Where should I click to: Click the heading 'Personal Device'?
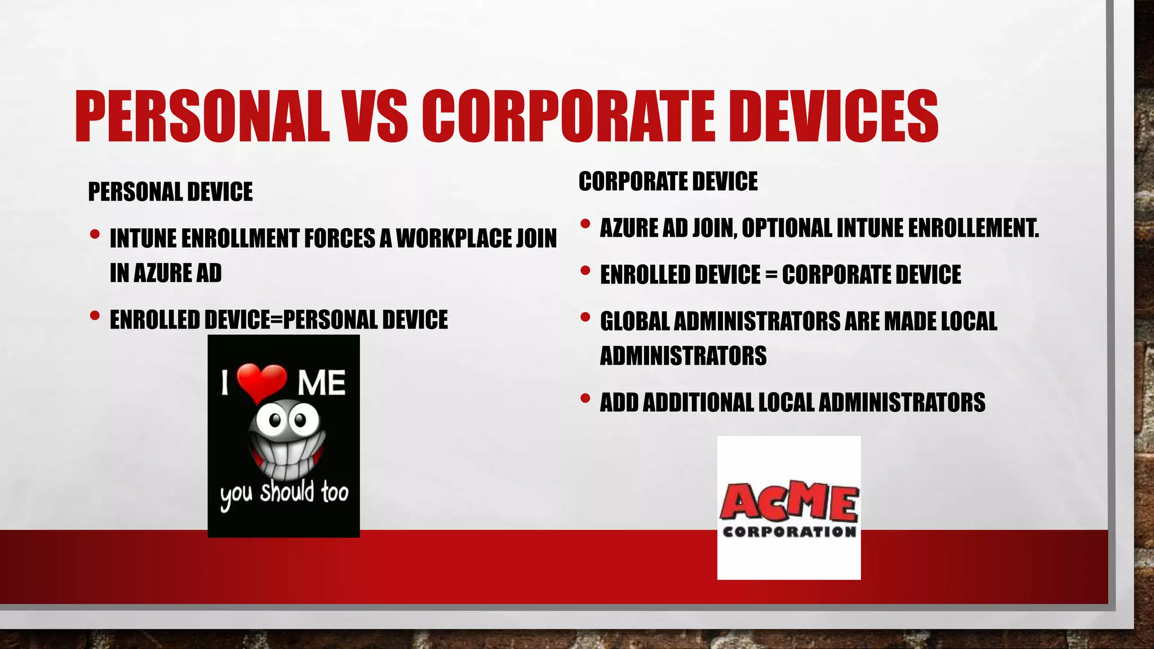click(x=170, y=192)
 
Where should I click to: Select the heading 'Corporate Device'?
click(x=668, y=181)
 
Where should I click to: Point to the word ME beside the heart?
click(x=321, y=384)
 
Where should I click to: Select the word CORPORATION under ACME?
click(x=789, y=532)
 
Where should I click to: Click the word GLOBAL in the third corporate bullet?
click(x=634, y=321)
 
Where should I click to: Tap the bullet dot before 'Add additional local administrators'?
click(x=585, y=399)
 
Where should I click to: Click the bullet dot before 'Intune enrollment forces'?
click(x=95, y=234)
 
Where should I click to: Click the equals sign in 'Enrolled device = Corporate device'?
click(x=771, y=275)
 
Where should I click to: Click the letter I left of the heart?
click(x=225, y=384)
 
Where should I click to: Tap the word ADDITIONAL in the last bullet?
click(x=698, y=402)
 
